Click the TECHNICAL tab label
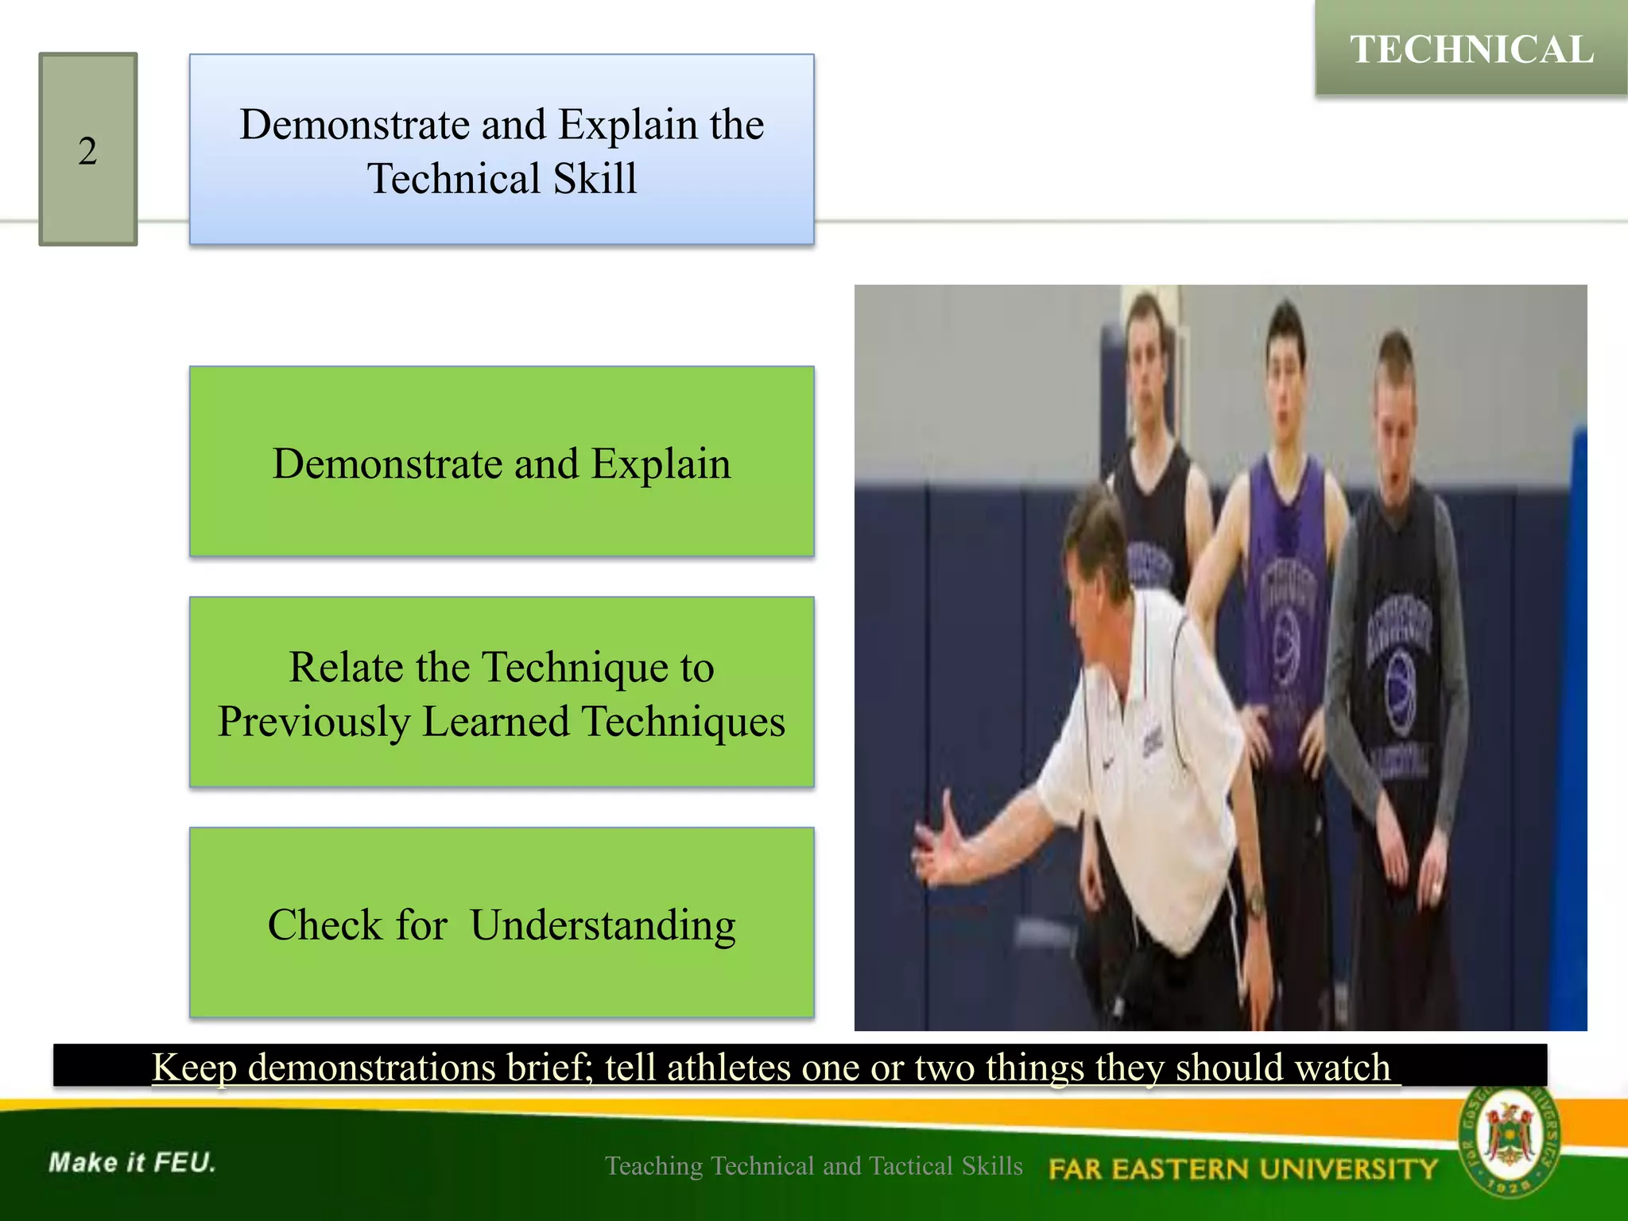point(1471,49)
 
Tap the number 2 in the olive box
point(87,151)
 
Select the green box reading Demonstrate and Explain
point(502,462)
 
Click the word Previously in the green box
point(313,722)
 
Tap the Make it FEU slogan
point(132,1162)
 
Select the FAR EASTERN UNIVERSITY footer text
point(1242,1169)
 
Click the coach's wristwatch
point(1254,902)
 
